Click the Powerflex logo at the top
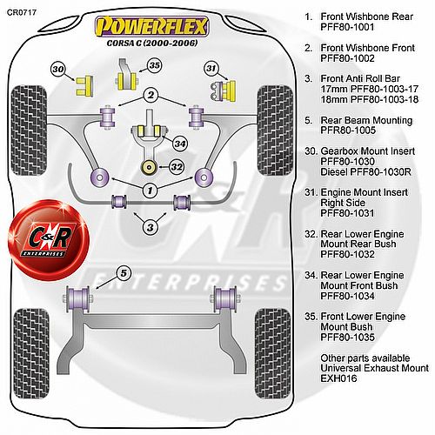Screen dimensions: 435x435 151,27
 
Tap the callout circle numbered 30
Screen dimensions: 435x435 58,70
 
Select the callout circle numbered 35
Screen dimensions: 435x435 155,65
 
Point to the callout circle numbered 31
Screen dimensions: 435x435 211,68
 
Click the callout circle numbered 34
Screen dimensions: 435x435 180,144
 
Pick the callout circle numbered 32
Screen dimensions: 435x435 177,167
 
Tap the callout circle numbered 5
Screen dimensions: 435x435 124,273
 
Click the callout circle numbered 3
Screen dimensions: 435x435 151,227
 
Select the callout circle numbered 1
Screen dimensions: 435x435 151,191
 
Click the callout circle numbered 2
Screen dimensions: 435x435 151,95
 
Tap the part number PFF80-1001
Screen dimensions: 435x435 347,27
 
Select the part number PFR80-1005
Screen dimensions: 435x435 348,130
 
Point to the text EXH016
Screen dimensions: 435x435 338,378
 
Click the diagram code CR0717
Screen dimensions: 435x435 22,12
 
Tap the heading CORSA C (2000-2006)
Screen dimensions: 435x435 152,43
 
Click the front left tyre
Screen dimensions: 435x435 29,130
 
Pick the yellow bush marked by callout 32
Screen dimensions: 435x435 149,167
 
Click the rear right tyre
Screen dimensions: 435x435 272,353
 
